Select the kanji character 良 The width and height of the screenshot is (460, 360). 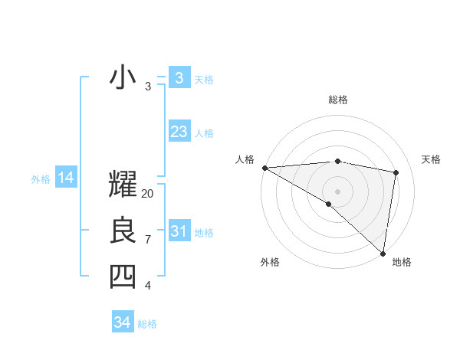pyautogui.click(x=123, y=231)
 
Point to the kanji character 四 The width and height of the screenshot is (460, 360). pyautogui.click(x=123, y=277)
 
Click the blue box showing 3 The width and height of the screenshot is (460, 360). pyautogui.click(x=179, y=77)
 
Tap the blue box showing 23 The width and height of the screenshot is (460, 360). pyautogui.click(x=179, y=132)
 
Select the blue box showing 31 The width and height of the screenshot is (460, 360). pyautogui.click(x=179, y=231)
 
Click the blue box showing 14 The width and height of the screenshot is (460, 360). pyautogui.click(x=66, y=178)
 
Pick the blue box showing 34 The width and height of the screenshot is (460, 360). pyautogui.click(x=122, y=322)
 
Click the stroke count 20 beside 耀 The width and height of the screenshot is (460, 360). pyautogui.click(x=148, y=194)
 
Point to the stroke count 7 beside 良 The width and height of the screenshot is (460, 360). pyautogui.click(x=148, y=240)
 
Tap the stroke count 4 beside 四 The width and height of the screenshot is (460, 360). pyautogui.click(x=148, y=286)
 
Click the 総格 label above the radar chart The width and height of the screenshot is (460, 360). pyautogui.click(x=338, y=100)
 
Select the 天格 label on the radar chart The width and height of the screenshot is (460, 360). pyautogui.click(x=432, y=159)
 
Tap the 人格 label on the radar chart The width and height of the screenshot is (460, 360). pyautogui.click(x=245, y=159)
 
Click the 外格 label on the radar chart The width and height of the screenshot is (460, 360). pyautogui.click(x=270, y=262)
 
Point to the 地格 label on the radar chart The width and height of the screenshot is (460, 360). pyautogui.click(x=402, y=262)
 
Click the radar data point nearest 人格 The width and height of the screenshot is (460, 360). pyautogui.click(x=264, y=168)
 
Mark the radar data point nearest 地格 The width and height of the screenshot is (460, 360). pyautogui.click(x=382, y=253)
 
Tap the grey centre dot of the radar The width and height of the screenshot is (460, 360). pyautogui.click(x=337, y=191)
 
